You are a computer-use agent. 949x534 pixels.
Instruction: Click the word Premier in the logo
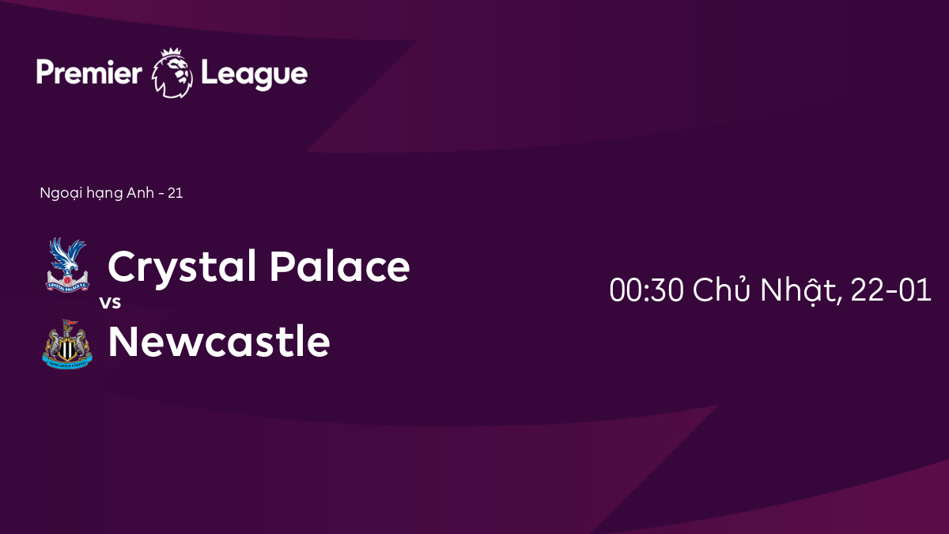89,73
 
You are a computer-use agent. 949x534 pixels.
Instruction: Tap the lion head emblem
172,74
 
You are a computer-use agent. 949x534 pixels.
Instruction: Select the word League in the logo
254,75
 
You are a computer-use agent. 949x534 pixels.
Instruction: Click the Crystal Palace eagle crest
67,265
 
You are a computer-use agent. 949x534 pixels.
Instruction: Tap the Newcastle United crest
67,343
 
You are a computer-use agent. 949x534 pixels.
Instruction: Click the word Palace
340,266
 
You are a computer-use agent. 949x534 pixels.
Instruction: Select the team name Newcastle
219,342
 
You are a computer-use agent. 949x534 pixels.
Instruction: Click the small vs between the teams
111,302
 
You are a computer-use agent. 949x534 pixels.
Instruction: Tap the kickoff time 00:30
646,290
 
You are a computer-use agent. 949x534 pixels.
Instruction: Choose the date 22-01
890,290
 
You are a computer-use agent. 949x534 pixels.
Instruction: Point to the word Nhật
800,292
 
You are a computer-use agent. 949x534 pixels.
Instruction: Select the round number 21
176,193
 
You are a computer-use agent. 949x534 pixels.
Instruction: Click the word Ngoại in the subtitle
61,194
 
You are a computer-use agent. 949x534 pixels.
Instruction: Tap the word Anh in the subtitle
140,193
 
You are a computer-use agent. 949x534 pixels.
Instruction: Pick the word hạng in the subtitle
104,194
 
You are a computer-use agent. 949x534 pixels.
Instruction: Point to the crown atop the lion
171,53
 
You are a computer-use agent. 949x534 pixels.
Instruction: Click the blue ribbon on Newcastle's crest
67,364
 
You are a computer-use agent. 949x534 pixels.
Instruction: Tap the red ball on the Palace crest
67,280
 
